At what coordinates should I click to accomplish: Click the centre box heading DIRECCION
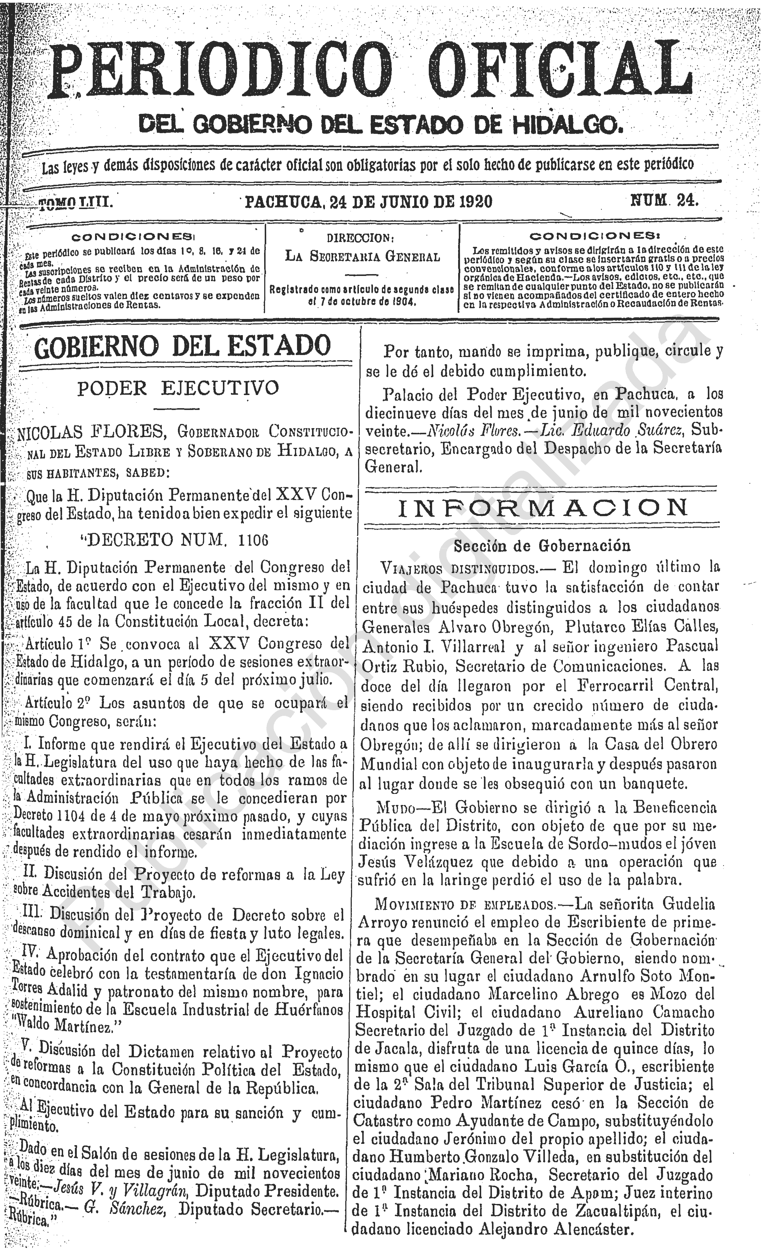pos(361,238)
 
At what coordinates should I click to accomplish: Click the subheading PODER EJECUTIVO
pos(178,388)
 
